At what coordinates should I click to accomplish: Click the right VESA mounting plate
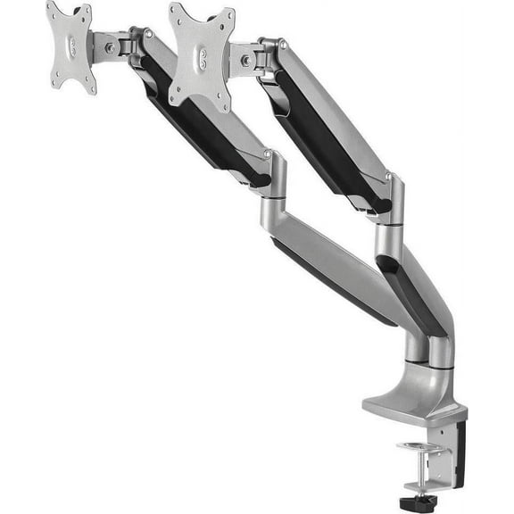click(201, 54)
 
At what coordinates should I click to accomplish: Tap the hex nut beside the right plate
click(245, 61)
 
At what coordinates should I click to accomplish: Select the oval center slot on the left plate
click(71, 46)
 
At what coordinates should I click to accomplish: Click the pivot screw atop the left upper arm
click(148, 32)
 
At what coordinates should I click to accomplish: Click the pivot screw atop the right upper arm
click(282, 42)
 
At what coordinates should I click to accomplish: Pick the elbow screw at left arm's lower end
click(267, 154)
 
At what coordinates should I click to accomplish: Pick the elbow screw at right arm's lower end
click(389, 177)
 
